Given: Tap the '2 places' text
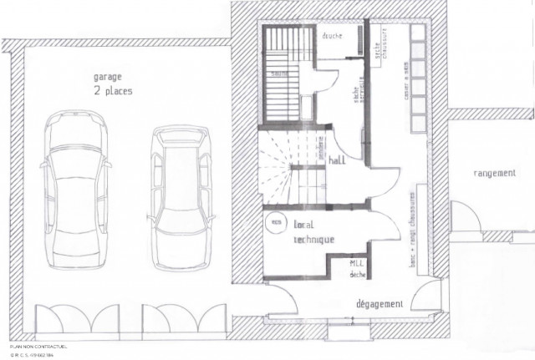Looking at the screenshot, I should click(113, 90).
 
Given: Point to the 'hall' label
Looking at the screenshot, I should click(338, 160).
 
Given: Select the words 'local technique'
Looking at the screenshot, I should click(313, 231).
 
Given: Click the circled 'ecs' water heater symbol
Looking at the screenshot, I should click(274, 224).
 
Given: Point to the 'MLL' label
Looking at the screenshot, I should click(357, 264).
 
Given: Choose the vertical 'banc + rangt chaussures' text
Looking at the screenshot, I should click(411, 230).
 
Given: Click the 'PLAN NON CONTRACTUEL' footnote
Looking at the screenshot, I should click(38, 346).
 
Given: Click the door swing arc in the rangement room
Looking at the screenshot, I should click(466, 219).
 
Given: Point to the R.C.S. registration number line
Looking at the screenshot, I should click(33, 354).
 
